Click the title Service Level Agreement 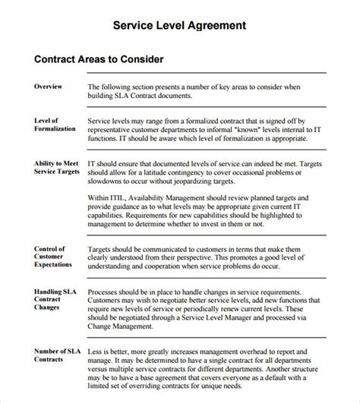tap(179, 25)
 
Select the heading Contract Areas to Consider tap(99, 58)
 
